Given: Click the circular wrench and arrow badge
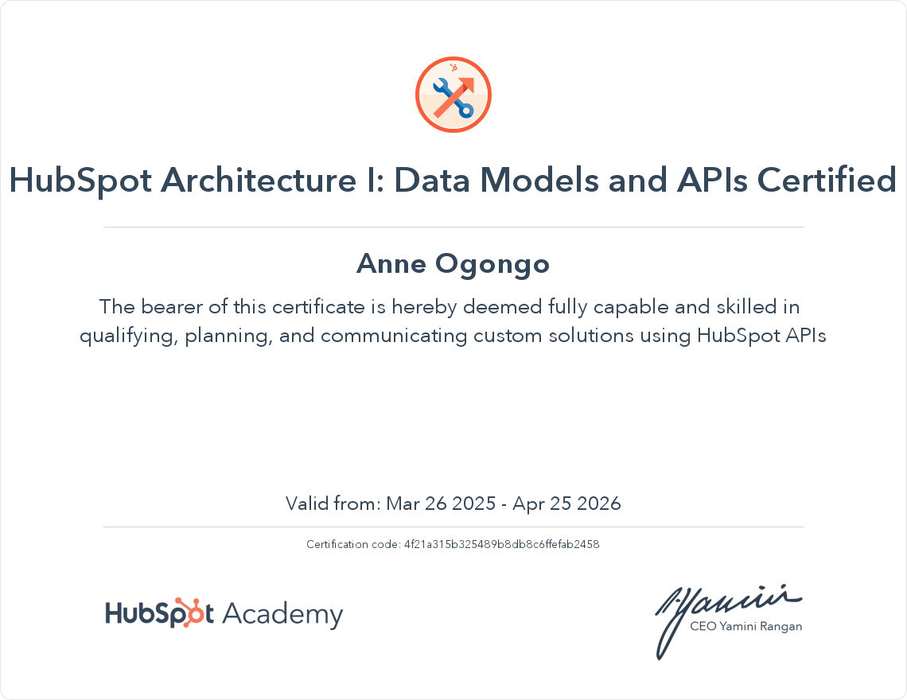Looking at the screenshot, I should point(453,95).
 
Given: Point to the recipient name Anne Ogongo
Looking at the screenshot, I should point(453,263).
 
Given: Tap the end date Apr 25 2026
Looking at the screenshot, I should point(566,504).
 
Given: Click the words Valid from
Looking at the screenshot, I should point(333,504).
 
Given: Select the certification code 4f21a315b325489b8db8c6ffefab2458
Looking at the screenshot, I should point(502,545).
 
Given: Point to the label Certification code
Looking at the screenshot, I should point(352,545).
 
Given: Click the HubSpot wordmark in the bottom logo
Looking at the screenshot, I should point(159,614).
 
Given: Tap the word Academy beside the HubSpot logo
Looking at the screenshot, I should point(282,614).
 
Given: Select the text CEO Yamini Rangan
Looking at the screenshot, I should point(745,627).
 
